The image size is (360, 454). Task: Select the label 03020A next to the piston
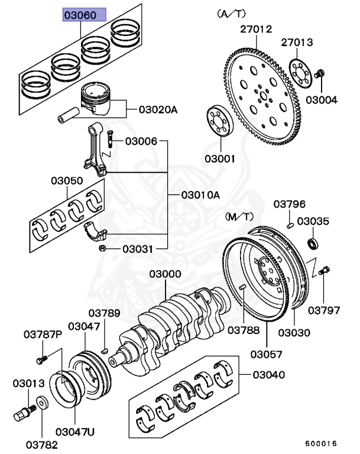coord(158,109)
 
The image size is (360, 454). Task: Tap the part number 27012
coord(255,28)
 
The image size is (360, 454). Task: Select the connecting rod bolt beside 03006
coord(111,140)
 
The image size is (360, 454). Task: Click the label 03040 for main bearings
coord(268,374)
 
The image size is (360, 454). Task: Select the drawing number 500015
coord(321,443)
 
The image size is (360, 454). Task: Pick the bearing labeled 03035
coord(313,244)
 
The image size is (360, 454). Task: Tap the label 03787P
coord(43,335)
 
